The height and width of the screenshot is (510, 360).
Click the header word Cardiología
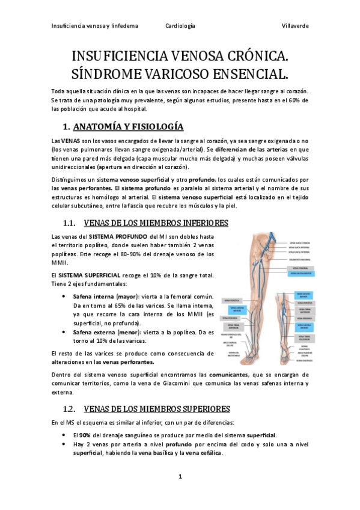tap(180, 26)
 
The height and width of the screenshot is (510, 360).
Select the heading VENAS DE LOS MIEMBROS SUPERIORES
tap(157, 409)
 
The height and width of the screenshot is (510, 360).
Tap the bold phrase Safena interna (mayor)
tap(104, 296)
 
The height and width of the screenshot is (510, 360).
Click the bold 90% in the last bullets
tap(85, 434)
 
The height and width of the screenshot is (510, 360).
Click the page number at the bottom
tap(180, 477)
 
